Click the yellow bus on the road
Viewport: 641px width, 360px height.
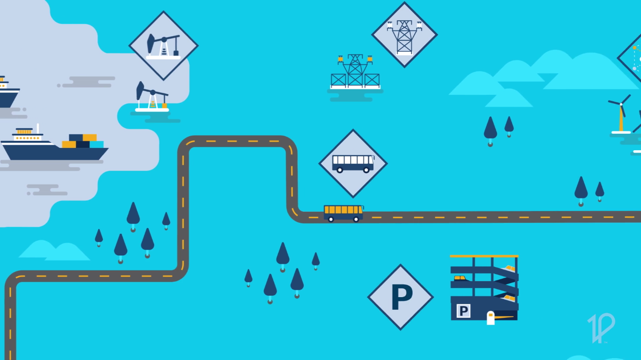click(x=343, y=213)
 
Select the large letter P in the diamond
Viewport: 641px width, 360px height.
click(x=401, y=297)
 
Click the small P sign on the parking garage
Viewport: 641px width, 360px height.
click(x=463, y=311)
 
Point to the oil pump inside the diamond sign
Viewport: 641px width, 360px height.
click(x=163, y=46)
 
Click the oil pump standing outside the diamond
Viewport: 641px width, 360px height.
click(x=151, y=97)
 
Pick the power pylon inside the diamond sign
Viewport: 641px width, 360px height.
click(x=404, y=37)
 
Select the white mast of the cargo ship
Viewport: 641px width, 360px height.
click(x=38, y=129)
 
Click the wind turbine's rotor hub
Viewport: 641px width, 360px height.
click(x=621, y=104)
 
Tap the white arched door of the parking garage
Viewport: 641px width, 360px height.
click(x=490, y=318)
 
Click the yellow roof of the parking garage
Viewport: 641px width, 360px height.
click(x=484, y=256)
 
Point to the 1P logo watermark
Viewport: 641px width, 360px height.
click(x=601, y=328)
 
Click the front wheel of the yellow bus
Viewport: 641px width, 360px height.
click(x=356, y=219)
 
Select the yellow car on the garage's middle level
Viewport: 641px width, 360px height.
click(x=460, y=278)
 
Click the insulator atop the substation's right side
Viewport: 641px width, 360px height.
click(x=370, y=59)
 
